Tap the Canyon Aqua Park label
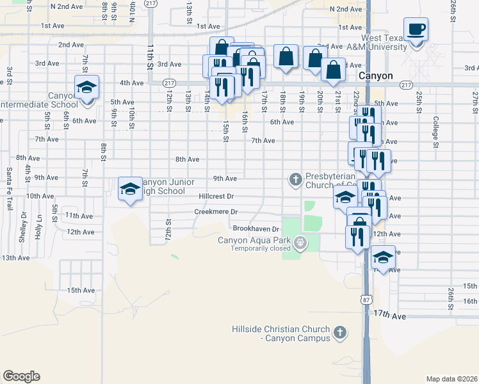tap(254, 241)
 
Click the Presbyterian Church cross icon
tap(296, 179)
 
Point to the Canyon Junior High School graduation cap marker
tap(130, 189)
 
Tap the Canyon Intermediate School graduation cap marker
tap(86, 88)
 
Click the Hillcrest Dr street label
tap(216, 196)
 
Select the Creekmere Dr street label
tap(216, 212)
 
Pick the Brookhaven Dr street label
tap(256, 228)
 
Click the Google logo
tap(21, 376)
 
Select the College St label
tap(435, 132)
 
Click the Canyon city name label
tap(376, 76)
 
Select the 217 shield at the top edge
tap(150, 3)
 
